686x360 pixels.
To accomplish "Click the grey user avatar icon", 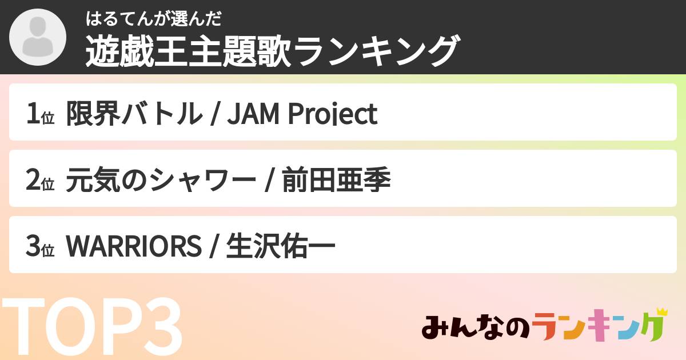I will point(38,37).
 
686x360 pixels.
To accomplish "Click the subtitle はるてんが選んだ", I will point(153,19).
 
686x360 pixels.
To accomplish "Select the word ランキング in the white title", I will point(377,51).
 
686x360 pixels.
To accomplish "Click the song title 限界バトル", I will point(134,114).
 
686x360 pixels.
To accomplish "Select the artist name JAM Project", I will point(302,114).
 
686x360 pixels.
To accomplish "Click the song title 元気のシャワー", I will point(161,181).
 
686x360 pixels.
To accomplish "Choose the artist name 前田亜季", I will point(337,181).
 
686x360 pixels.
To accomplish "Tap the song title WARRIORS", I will point(134,247).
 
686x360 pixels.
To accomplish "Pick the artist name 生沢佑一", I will point(281,247).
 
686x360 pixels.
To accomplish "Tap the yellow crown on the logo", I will point(661,312).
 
